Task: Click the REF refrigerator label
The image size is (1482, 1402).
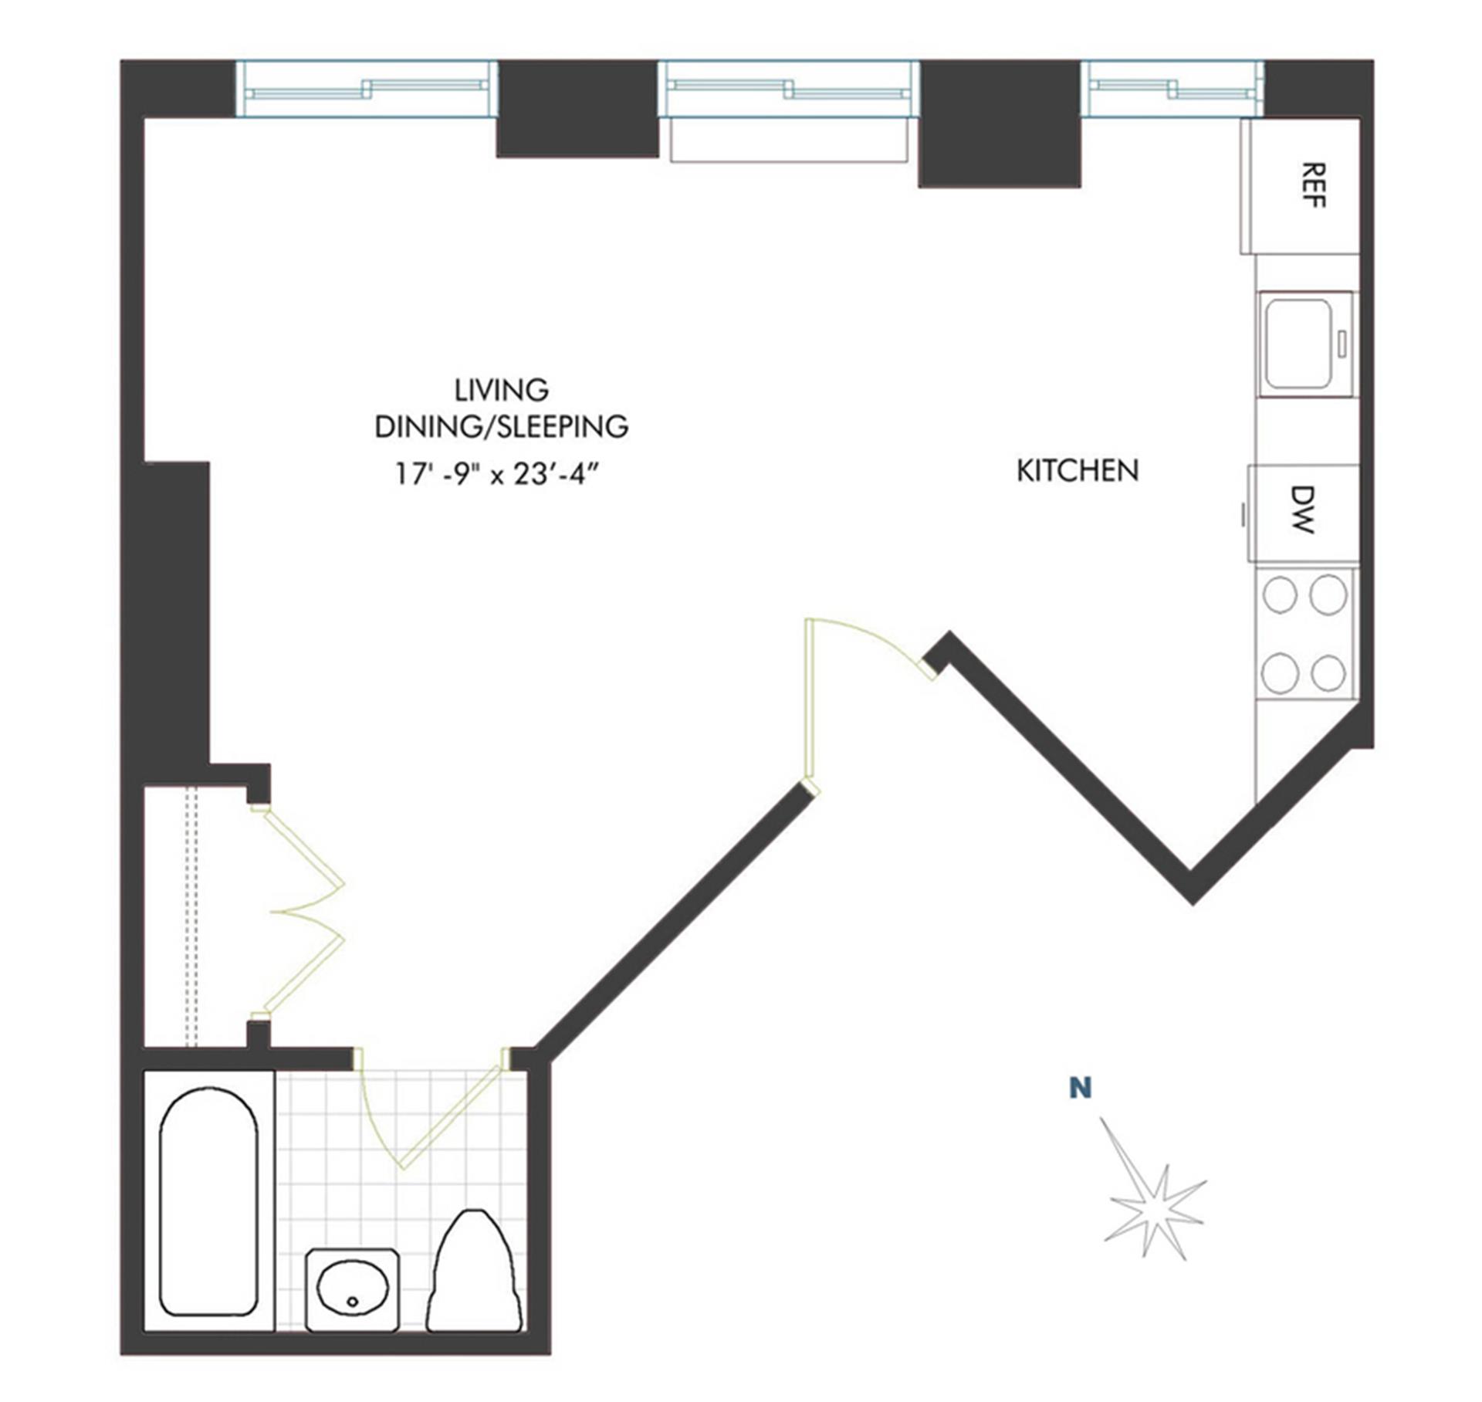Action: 1313,185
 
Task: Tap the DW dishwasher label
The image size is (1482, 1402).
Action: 1302,510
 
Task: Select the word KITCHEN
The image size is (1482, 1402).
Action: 1078,470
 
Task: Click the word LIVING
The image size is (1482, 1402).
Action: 502,390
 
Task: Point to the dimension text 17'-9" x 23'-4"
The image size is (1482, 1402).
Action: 499,473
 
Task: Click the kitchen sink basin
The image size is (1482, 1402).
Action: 1299,344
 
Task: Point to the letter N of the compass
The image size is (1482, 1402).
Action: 1081,1089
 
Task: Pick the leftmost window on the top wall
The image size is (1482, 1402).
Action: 366,89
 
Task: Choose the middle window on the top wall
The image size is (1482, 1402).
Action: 789,89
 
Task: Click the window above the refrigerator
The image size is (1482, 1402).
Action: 1172,89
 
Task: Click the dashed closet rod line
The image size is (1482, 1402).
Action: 192,916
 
